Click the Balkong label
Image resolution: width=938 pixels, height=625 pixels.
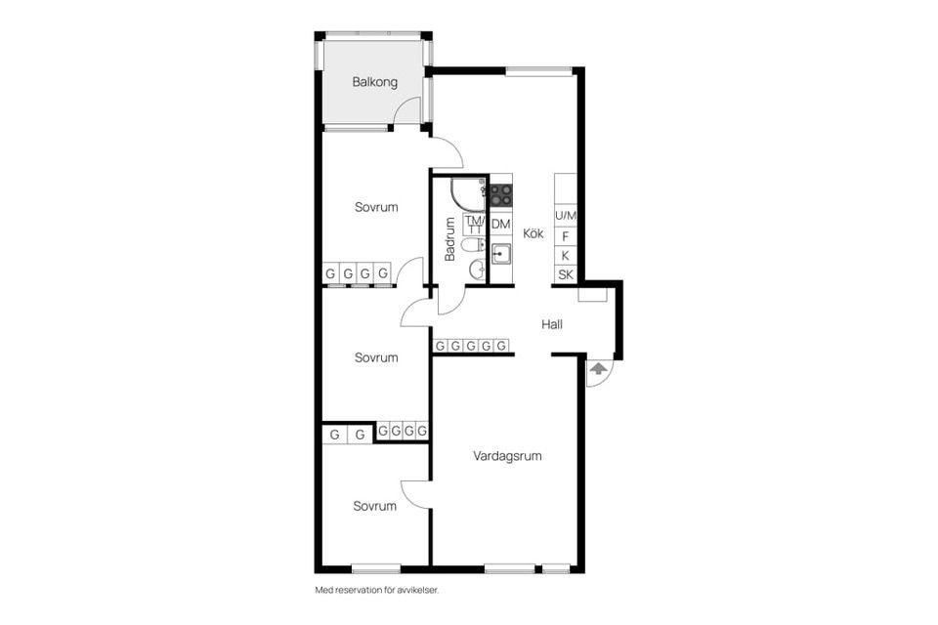click(x=374, y=83)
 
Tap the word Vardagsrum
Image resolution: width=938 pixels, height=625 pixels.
click(x=507, y=456)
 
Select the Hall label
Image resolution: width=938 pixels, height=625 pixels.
click(x=551, y=325)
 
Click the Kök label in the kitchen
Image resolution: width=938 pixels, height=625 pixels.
click(x=533, y=233)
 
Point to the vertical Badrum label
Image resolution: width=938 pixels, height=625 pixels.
click(x=450, y=239)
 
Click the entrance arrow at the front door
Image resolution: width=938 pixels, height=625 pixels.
click(x=597, y=368)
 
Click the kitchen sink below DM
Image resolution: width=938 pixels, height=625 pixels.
click(x=501, y=255)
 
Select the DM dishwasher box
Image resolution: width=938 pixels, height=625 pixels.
click(x=500, y=225)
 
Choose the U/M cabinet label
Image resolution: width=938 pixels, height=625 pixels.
click(x=566, y=216)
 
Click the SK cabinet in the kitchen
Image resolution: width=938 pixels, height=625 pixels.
click(x=566, y=275)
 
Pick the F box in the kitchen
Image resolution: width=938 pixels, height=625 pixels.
click(x=566, y=237)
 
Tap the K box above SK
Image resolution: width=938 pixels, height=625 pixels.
click(x=566, y=256)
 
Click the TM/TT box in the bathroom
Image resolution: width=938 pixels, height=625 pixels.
click(x=476, y=225)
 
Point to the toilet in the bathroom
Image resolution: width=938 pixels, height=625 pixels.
click(x=476, y=244)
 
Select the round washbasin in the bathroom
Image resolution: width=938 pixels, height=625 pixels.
click(x=478, y=271)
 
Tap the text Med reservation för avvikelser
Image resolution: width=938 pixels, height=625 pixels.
click(x=377, y=590)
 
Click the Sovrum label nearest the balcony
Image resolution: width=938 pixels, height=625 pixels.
click(x=376, y=208)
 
